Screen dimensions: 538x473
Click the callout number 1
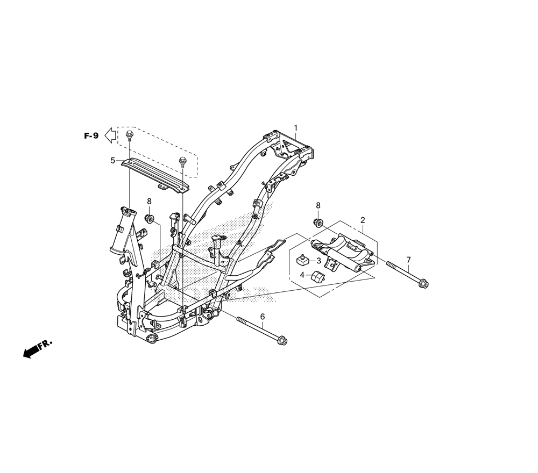(295, 128)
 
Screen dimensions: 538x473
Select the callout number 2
(363, 220)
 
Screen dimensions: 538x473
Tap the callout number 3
(318, 261)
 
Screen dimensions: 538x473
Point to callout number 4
(302, 275)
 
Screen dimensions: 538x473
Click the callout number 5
(112, 160)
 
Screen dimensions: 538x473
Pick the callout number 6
(263, 317)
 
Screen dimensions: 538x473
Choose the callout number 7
(408, 260)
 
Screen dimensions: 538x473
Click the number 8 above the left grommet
(149, 201)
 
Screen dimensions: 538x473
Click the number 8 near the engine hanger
(318, 205)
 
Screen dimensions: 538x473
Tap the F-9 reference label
(91, 136)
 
